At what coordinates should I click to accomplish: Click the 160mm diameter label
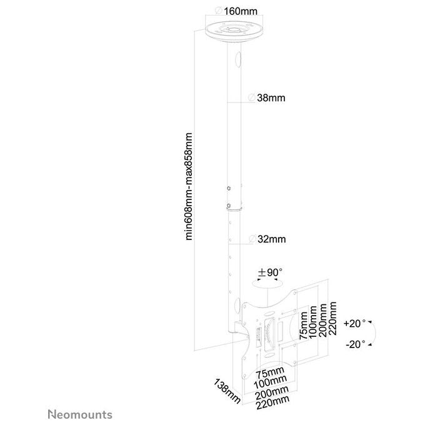pyautogui.click(x=236, y=11)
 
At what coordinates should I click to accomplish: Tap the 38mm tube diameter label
pyautogui.click(x=267, y=98)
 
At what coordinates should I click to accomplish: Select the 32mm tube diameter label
pyautogui.click(x=267, y=239)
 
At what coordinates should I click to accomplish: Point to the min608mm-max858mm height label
pyautogui.click(x=189, y=186)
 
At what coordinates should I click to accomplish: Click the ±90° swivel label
pyautogui.click(x=270, y=272)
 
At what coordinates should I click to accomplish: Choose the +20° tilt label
pyautogui.click(x=354, y=323)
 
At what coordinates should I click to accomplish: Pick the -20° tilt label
pyautogui.click(x=356, y=344)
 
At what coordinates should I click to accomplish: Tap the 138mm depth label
pyautogui.click(x=227, y=391)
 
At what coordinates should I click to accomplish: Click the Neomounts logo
pyautogui.click(x=80, y=414)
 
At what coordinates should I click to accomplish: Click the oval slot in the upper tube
pyautogui.click(x=237, y=60)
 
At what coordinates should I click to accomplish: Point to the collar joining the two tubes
pyautogui.click(x=234, y=207)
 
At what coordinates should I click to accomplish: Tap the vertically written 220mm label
pyautogui.click(x=332, y=319)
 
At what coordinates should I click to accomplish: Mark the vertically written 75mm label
pyautogui.click(x=303, y=326)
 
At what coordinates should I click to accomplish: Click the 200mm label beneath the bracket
pyautogui.click(x=272, y=393)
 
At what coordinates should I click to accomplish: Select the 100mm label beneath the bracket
pyautogui.click(x=270, y=382)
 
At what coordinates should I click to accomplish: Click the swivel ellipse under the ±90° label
pyautogui.click(x=267, y=284)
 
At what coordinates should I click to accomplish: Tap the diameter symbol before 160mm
pyautogui.click(x=219, y=11)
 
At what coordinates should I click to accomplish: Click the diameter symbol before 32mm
pyautogui.click(x=252, y=239)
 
